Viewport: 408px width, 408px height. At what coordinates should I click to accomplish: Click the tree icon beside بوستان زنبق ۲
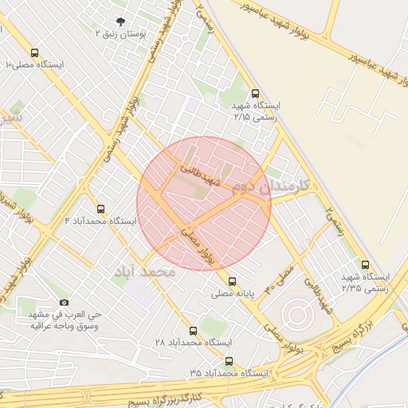click(120, 22)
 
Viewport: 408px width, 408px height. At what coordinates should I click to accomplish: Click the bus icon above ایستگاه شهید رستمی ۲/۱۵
click(254, 93)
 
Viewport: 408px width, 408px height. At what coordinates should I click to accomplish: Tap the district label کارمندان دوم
click(272, 186)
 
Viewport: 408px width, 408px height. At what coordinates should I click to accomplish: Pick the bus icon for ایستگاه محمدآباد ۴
click(100, 209)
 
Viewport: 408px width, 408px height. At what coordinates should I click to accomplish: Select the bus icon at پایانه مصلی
click(232, 281)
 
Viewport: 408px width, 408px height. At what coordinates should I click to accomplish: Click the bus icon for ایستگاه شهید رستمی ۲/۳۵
click(365, 265)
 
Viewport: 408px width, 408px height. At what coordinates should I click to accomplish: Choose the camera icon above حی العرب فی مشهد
click(65, 303)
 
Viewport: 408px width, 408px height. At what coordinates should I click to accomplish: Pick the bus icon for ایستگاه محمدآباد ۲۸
click(192, 330)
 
